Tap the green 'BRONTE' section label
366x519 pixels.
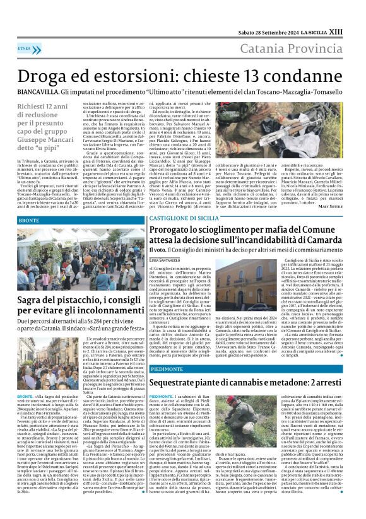point(29,221)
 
